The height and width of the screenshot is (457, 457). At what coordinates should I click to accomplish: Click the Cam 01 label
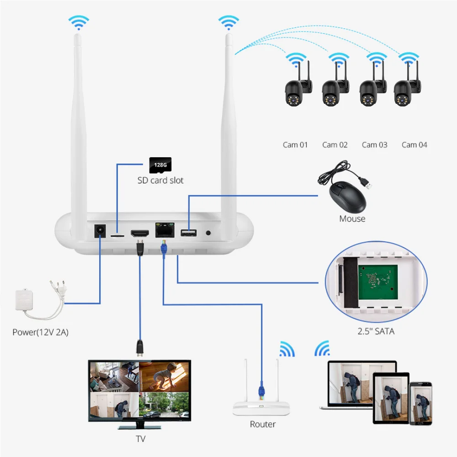(x=295, y=145)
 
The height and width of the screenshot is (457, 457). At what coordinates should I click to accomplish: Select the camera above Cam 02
(x=332, y=89)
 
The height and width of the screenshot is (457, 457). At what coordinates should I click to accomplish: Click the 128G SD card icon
(x=160, y=165)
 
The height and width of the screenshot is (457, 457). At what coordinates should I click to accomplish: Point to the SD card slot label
(x=160, y=181)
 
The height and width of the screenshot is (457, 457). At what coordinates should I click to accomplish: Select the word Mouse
(x=352, y=219)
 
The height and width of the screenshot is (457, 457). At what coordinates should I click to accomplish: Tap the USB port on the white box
(x=188, y=233)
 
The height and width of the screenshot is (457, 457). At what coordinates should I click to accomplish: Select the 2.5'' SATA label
(x=376, y=331)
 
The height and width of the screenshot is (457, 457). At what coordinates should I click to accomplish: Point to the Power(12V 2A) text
(x=40, y=332)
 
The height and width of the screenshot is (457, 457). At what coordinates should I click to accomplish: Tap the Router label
(x=262, y=425)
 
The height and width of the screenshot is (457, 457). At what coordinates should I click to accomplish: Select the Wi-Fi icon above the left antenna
(x=78, y=21)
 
